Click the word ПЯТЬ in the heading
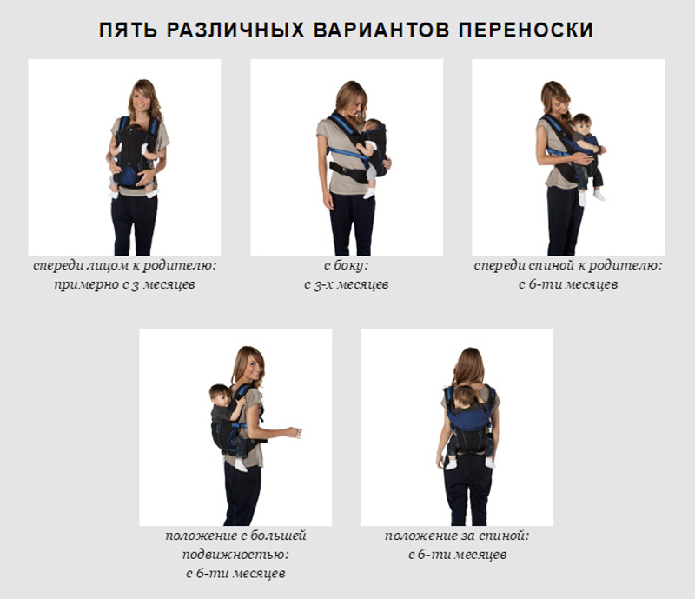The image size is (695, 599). click(128, 30)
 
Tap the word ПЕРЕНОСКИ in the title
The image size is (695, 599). click(526, 30)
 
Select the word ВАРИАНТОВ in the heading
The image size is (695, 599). click(381, 30)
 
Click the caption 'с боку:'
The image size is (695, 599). click(346, 265)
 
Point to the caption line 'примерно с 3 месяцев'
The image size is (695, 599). click(124, 284)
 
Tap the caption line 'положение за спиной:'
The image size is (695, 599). click(457, 536)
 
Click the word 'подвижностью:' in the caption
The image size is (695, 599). click(235, 554)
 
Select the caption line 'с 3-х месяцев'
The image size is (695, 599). click(346, 284)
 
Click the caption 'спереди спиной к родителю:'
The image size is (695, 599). click(568, 265)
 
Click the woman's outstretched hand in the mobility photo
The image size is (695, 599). click(294, 432)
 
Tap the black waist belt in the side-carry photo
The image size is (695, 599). click(346, 171)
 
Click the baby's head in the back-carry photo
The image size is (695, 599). click(463, 395)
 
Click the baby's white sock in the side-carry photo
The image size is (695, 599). click(368, 193)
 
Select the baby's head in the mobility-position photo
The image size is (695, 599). click(220, 395)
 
